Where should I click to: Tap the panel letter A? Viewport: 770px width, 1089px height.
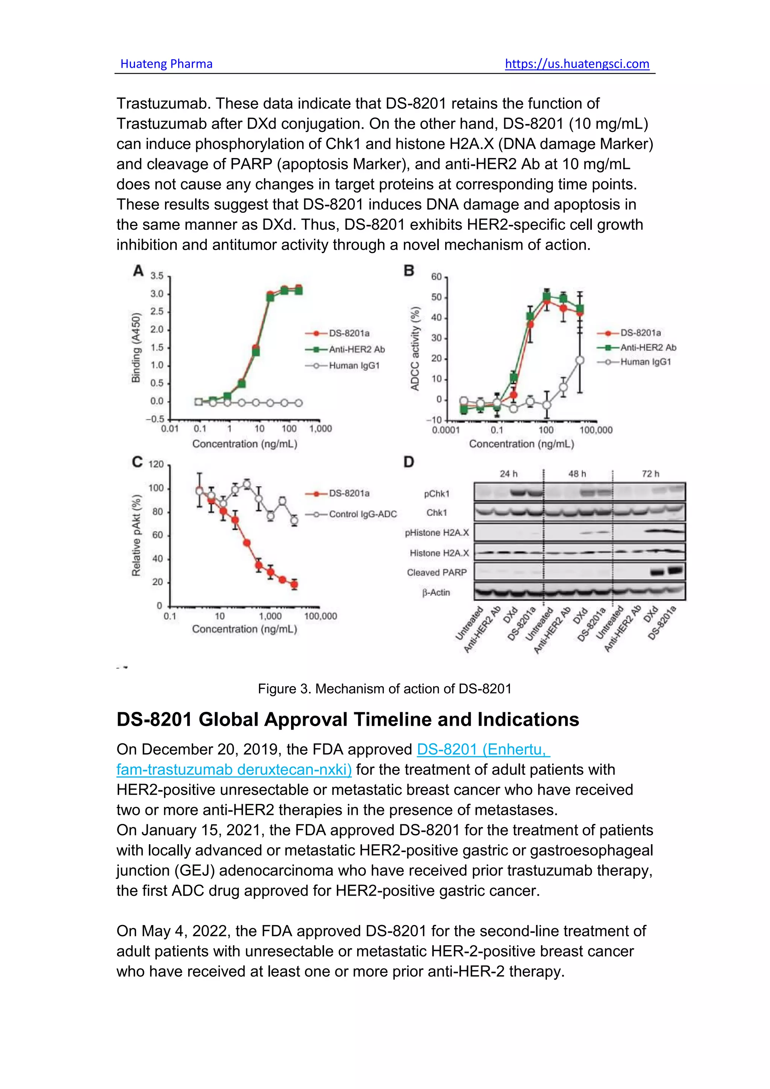pos(138,271)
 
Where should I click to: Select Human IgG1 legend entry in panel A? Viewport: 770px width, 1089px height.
pos(354,366)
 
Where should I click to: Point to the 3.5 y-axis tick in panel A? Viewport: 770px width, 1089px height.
pos(157,276)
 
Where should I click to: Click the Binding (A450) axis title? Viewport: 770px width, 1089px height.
pos(136,348)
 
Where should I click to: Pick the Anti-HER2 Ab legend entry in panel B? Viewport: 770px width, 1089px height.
pos(648,348)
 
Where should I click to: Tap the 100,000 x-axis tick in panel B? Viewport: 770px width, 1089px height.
pos(596,430)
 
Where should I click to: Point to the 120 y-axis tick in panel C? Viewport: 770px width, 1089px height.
pos(156,464)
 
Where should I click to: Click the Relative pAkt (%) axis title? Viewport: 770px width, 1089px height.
pos(136,535)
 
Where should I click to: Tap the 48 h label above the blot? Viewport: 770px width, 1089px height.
pos(577,474)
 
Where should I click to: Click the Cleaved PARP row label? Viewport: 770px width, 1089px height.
pos(437,572)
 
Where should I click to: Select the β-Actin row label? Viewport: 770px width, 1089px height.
pos(436,592)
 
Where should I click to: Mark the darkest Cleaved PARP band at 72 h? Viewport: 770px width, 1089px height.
pos(675,570)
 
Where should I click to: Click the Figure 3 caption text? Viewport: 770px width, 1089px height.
pos(385,689)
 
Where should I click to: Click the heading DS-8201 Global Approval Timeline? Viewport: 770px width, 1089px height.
pos(347,719)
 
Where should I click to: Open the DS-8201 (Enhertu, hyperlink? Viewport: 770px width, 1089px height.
pos(483,749)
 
